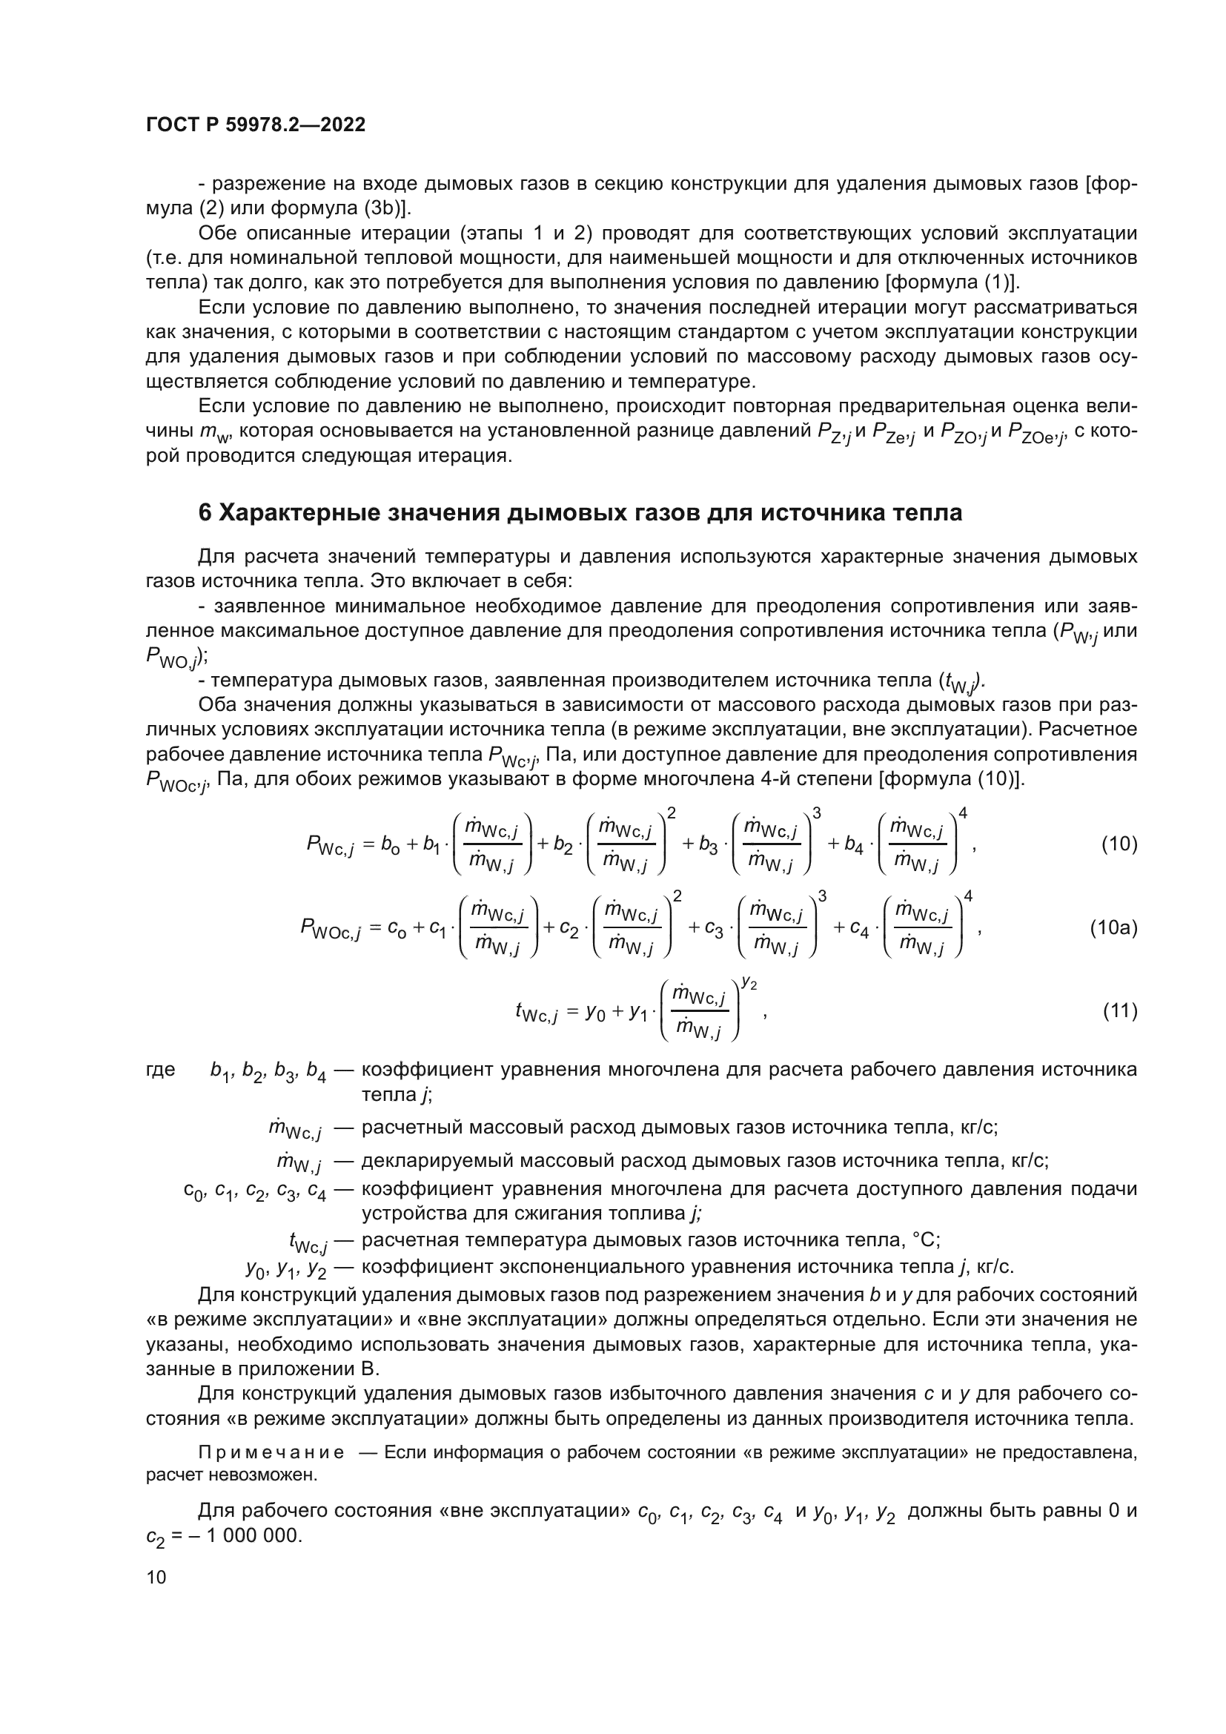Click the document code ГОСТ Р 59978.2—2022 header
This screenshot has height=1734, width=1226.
(255, 125)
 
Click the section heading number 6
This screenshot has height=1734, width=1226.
(205, 513)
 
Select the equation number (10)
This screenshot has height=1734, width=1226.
(1119, 844)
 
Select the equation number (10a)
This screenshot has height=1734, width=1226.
(1113, 927)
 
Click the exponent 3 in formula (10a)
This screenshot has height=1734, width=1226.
(822, 896)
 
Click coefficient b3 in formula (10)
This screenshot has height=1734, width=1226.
(708, 845)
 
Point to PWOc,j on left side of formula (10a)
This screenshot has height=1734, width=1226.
(330, 930)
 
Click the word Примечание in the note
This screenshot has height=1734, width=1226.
(271, 1452)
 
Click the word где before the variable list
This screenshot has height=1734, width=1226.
(160, 1070)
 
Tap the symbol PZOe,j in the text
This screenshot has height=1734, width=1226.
(1035, 434)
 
